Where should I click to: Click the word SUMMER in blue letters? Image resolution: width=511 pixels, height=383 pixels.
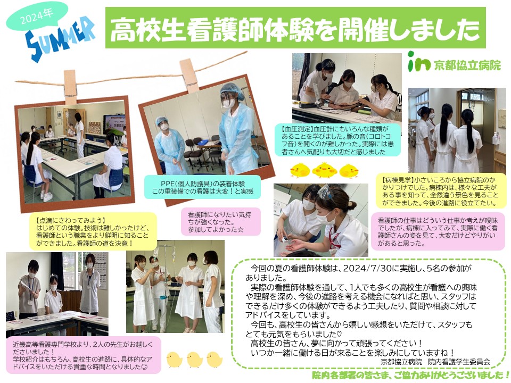[60, 39]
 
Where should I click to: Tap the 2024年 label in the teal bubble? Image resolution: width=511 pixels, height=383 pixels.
[37, 17]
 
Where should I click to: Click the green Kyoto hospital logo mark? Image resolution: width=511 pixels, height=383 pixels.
[419, 62]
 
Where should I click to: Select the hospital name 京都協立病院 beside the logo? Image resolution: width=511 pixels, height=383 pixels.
[467, 65]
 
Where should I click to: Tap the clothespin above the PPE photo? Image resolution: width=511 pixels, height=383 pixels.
[189, 76]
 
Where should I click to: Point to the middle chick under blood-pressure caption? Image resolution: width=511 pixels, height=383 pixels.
[324, 170]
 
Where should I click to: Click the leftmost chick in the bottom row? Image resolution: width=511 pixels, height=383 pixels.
[175, 360]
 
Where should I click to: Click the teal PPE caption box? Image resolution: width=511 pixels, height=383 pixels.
[202, 187]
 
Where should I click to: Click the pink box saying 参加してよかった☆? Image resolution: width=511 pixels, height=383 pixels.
[221, 221]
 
